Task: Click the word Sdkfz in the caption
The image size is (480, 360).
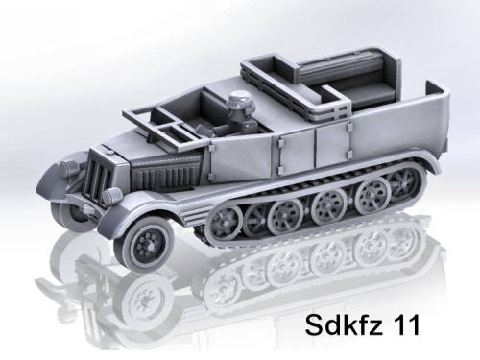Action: click(x=344, y=324)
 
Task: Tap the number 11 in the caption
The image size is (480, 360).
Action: click(x=407, y=324)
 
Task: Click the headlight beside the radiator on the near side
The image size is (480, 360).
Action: click(x=112, y=195)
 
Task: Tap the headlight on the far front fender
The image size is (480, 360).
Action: click(x=69, y=166)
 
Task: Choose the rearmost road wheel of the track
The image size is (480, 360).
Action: click(x=402, y=183)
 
